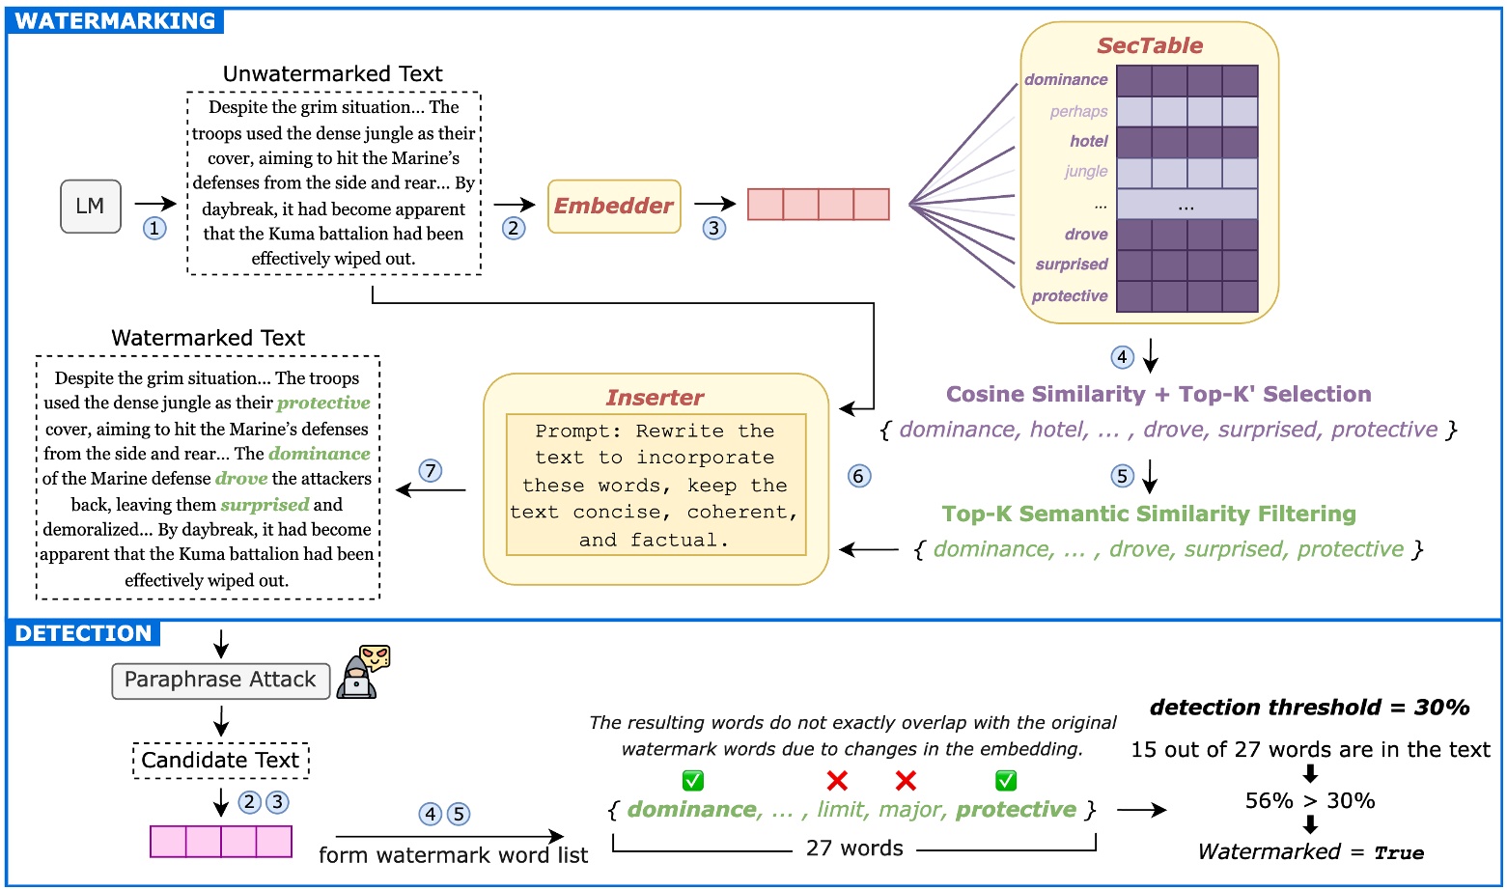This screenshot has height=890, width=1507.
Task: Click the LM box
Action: point(91,206)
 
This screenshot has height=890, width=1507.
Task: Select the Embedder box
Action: point(614,206)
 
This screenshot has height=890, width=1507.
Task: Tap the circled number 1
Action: point(154,228)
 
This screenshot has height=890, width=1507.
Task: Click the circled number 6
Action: point(858,476)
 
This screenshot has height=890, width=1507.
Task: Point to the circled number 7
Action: point(431,470)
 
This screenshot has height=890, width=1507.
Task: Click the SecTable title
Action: point(1149,45)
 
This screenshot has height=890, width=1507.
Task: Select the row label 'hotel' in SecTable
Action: point(1088,141)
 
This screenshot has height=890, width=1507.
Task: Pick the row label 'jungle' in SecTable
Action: point(1085,172)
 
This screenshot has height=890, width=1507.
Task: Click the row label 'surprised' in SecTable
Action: point(1071,264)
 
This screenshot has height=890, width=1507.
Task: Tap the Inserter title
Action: point(655,398)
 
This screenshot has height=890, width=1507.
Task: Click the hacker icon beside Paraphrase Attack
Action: point(363,672)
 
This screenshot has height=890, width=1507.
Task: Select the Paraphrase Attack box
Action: point(220,680)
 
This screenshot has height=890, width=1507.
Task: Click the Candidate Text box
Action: point(220,761)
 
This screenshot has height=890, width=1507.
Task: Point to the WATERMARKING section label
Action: point(115,21)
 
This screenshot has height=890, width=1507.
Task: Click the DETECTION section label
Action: point(84,633)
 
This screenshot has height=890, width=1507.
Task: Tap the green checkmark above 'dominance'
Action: point(692,780)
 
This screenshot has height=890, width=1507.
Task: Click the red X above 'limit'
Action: point(837,780)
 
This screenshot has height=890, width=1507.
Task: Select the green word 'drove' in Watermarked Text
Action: point(241,479)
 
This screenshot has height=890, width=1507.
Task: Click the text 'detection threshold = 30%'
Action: point(1309,708)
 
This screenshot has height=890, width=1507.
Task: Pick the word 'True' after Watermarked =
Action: point(1399,853)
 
